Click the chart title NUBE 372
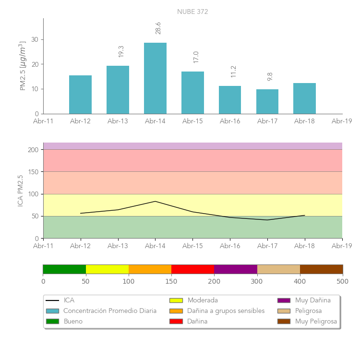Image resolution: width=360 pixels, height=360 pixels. tap(192, 12)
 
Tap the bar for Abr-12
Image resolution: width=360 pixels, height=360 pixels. tap(80, 95)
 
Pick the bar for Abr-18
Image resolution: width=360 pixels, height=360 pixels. tap(304, 98)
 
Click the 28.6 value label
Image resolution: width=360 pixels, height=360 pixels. tap(158, 28)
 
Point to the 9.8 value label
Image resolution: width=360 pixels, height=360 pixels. tap(270, 76)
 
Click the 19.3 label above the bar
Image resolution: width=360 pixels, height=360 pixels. tap(121, 51)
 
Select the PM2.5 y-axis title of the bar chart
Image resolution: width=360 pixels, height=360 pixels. tap(22, 66)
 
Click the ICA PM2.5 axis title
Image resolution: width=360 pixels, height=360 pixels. tap(20, 191)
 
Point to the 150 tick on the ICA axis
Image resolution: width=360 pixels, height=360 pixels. tap(33, 172)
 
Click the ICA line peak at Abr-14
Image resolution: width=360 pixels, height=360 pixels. tap(155, 201)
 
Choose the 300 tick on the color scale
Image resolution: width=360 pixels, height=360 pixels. tap(257, 281)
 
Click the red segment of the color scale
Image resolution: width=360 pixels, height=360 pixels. tap(192, 269)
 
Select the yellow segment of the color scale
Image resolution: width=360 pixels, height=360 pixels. tap(107, 269)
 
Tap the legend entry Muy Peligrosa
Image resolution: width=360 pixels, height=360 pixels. tap(316, 321)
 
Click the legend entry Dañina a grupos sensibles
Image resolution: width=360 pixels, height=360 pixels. tap(226, 311)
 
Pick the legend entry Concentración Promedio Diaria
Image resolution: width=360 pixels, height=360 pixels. tap(110, 311)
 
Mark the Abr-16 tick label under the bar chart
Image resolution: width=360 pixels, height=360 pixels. tap(230, 121)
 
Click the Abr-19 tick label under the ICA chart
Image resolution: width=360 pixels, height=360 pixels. tap(342, 246)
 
